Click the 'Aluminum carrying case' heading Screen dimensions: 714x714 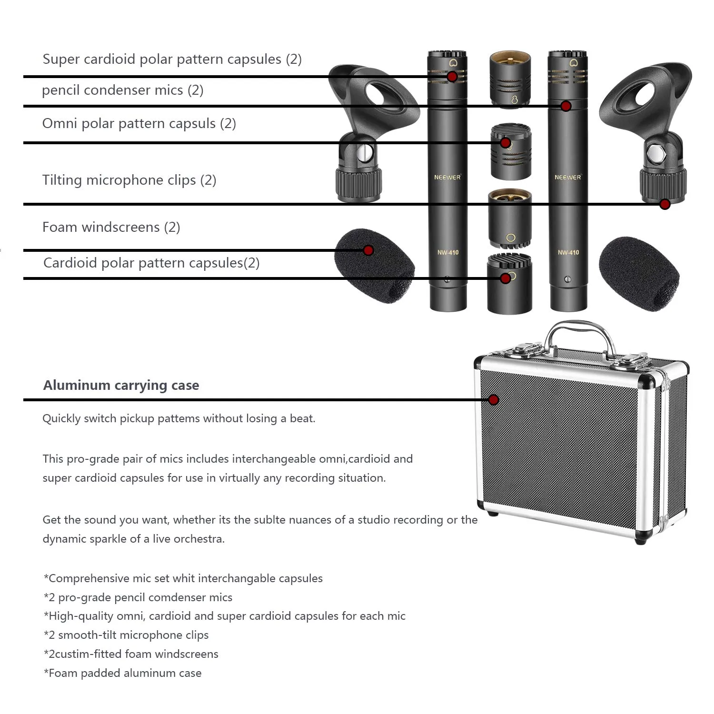pos(121,385)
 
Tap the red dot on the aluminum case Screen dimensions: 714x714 pos(494,400)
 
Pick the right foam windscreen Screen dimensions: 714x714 pos(639,273)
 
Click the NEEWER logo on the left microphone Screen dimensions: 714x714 pos(447,177)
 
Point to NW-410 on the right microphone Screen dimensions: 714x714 pos(568,252)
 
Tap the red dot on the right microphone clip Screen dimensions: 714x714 pos(665,204)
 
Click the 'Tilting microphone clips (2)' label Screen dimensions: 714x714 pos(129,180)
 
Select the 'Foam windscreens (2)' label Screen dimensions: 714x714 pos(111,227)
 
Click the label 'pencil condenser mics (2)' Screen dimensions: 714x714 pos(122,90)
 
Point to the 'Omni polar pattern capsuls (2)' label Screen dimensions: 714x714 pos(139,124)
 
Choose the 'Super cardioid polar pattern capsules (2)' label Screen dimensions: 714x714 pos(172,59)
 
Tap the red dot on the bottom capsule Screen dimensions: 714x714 pos(506,278)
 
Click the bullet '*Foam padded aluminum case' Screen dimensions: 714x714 pos(122,673)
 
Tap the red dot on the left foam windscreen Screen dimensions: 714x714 pos(368,250)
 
